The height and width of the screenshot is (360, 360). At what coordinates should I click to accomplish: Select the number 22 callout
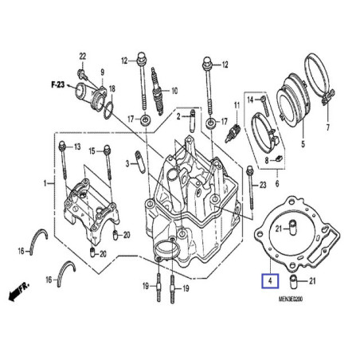(x=81, y=55)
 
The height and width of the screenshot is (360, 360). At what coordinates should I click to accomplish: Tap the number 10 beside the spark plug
(x=174, y=90)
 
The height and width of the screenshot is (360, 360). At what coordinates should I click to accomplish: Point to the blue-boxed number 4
(x=270, y=280)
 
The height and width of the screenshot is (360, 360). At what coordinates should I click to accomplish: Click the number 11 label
(x=237, y=105)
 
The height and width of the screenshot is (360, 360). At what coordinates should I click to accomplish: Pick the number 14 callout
(x=250, y=99)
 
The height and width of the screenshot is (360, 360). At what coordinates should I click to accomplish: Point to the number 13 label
(x=77, y=148)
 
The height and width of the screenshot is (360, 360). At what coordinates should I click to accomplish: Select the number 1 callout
(x=45, y=184)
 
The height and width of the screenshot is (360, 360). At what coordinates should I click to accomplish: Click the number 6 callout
(x=276, y=184)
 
